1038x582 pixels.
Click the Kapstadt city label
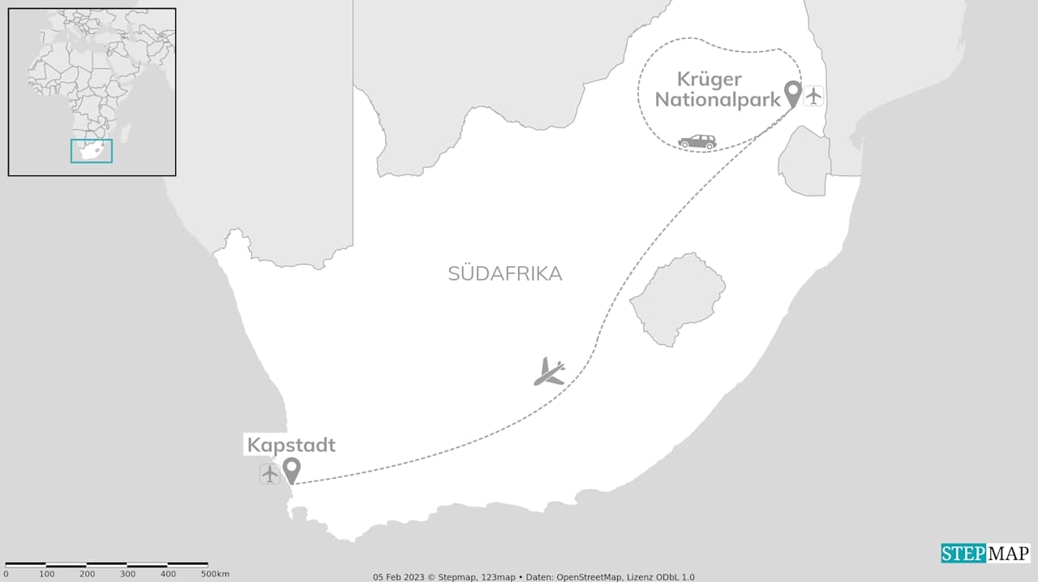click(x=291, y=445)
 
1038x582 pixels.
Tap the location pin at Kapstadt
click(x=291, y=468)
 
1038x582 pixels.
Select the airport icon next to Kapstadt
click(x=270, y=474)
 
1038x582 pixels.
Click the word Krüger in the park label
click(x=710, y=80)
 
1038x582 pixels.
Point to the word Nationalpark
click(x=718, y=99)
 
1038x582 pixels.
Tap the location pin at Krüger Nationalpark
click(x=792, y=93)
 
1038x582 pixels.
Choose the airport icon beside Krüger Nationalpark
click(x=814, y=96)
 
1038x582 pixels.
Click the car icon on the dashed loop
click(x=697, y=142)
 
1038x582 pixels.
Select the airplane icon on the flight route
click(x=550, y=372)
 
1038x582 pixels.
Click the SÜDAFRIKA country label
click(x=504, y=274)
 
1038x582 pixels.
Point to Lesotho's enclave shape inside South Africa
click(x=678, y=298)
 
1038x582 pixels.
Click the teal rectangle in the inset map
click(x=92, y=151)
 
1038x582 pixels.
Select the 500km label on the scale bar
click(x=214, y=574)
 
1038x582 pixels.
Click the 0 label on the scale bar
click(x=6, y=574)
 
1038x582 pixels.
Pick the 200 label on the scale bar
click(x=87, y=574)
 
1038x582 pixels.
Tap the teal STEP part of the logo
click(x=963, y=554)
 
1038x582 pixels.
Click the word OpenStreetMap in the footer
click(x=590, y=577)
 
